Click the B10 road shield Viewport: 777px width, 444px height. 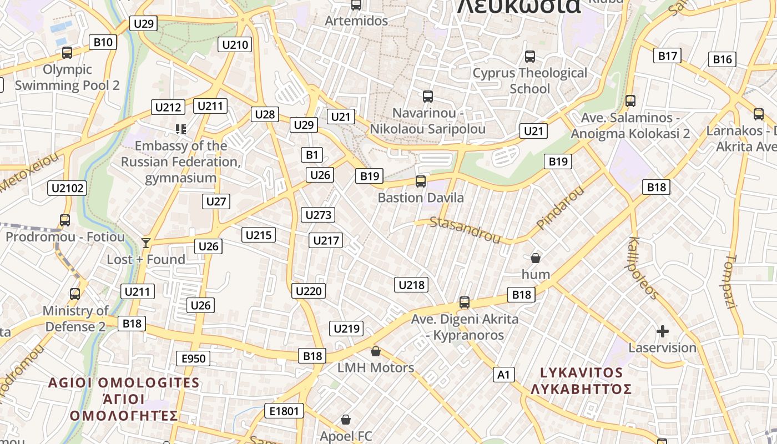point(103,42)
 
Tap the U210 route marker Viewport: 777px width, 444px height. point(235,44)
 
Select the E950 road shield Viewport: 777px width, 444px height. point(194,359)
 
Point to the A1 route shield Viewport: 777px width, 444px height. point(503,375)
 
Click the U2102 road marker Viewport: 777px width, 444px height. point(68,188)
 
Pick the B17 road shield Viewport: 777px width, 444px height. point(667,56)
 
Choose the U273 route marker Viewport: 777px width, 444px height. point(318,215)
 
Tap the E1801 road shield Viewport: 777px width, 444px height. point(284,411)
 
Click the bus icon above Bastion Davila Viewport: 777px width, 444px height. point(421,181)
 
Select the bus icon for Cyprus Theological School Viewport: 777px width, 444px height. point(530,57)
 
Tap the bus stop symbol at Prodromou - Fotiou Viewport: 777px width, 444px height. point(65,220)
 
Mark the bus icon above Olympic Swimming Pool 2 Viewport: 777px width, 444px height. point(67,53)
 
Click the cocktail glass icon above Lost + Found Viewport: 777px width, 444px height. point(146,243)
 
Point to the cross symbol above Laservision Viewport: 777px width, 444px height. point(662,331)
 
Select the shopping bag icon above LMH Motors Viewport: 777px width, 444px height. point(376,351)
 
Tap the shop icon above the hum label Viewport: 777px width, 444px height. point(536,258)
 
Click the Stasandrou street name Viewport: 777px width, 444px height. point(465,230)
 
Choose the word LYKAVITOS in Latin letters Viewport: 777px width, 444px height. point(581,372)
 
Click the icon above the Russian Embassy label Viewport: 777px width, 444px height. point(181,129)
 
